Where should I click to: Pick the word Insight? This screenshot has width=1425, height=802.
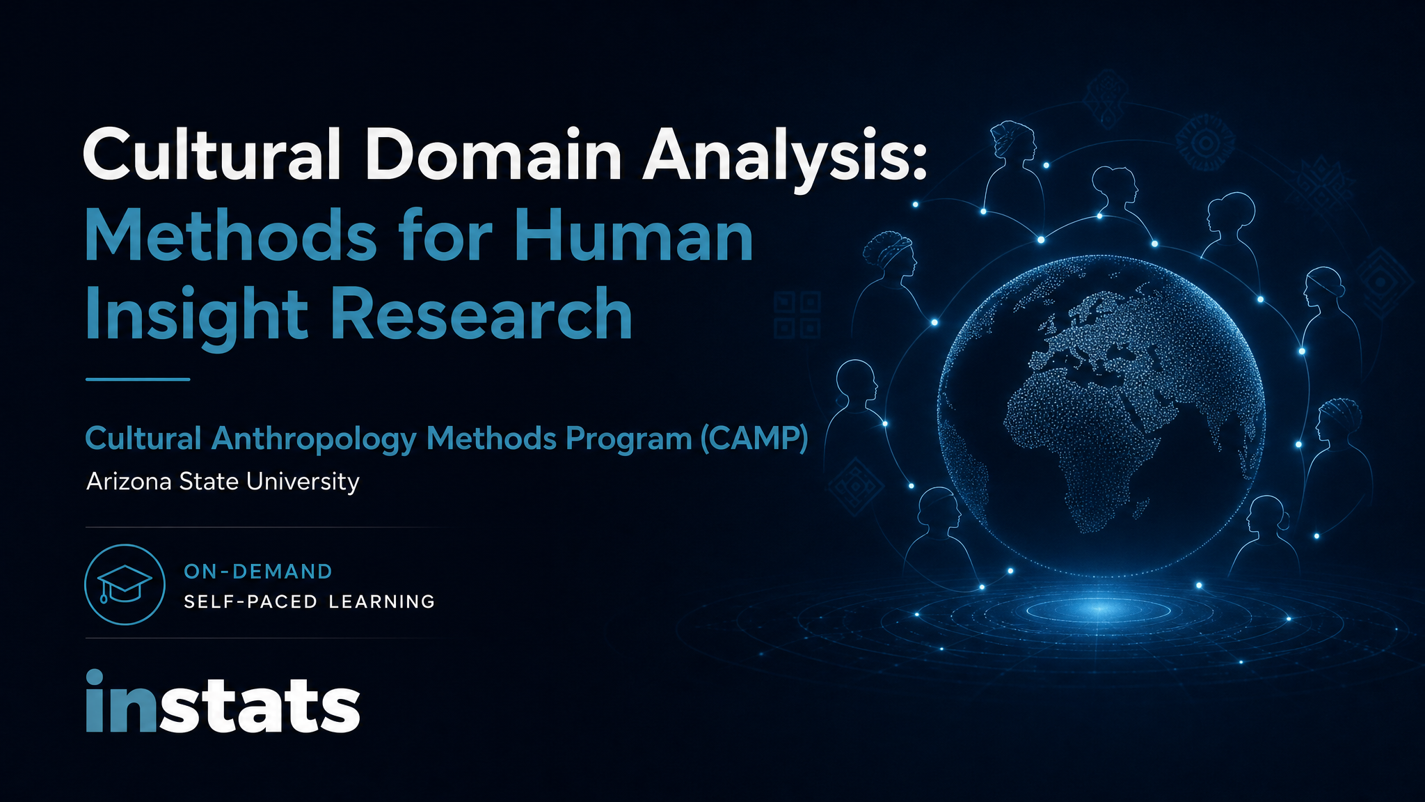click(x=196, y=317)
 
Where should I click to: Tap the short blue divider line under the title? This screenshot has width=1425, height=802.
click(x=138, y=379)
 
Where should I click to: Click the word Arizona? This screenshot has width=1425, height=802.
click(x=129, y=481)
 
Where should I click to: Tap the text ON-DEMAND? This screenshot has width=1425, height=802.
click(x=258, y=572)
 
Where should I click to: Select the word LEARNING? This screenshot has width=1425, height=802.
click(x=381, y=601)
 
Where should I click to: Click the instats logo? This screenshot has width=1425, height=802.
click(x=223, y=701)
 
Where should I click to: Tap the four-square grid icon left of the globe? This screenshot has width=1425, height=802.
click(x=797, y=315)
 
